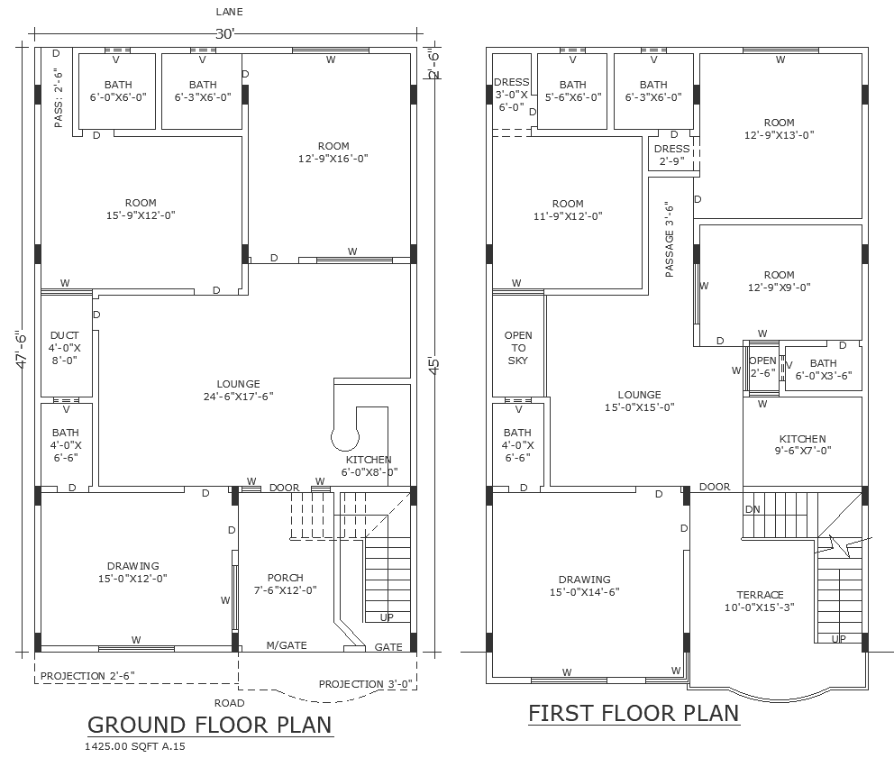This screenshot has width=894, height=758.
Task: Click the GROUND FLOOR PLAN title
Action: pyautogui.click(x=209, y=724)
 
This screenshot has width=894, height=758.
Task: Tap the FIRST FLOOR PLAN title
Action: pyautogui.click(x=633, y=713)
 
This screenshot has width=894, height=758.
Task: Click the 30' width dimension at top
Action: pyautogui.click(x=225, y=34)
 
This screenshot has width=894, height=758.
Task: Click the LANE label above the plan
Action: pyautogui.click(x=229, y=12)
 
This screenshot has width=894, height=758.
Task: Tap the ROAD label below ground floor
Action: pyautogui.click(x=229, y=702)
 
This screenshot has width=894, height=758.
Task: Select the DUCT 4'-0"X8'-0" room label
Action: pyautogui.click(x=65, y=347)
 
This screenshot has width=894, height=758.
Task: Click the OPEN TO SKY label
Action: pyautogui.click(x=518, y=348)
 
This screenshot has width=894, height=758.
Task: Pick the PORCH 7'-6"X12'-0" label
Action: pyautogui.click(x=285, y=584)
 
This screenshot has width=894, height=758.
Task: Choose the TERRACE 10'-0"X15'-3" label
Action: pyautogui.click(x=760, y=601)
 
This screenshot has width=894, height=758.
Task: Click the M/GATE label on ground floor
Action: pyautogui.click(x=287, y=646)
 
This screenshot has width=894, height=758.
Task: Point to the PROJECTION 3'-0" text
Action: pyautogui.click(x=366, y=684)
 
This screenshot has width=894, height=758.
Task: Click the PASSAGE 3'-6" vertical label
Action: pyautogui.click(x=670, y=239)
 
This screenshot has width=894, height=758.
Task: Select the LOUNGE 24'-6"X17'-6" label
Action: pyautogui.click(x=238, y=389)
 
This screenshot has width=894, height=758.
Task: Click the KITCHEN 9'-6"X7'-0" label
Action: pyautogui.click(x=802, y=444)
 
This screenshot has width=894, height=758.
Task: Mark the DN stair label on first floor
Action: pyautogui.click(x=753, y=510)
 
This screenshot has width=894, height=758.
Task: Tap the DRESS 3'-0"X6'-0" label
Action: pyautogui.click(x=511, y=94)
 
